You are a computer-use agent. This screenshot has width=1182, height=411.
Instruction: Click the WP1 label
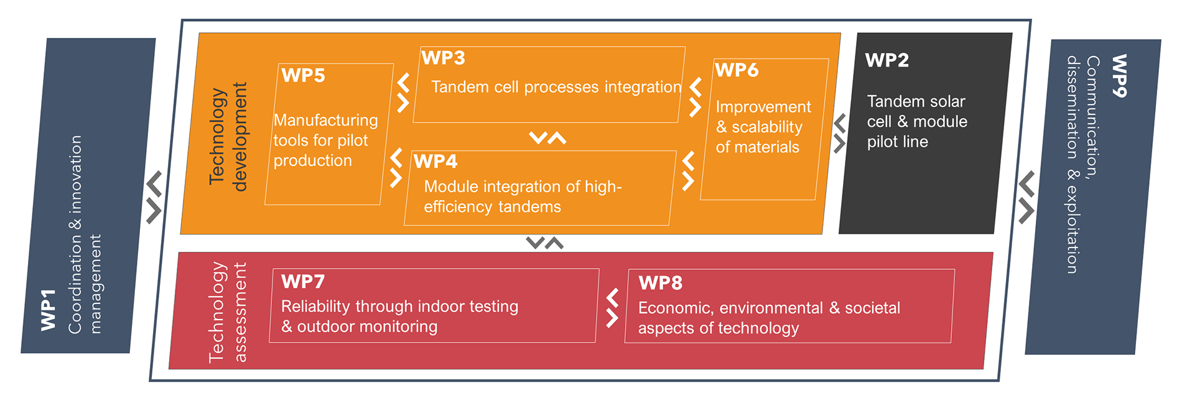(49, 310)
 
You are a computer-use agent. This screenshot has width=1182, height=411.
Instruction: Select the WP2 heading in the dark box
(887, 60)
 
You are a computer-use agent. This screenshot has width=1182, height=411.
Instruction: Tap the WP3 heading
(443, 58)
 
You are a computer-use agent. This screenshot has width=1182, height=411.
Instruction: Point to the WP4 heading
(435, 162)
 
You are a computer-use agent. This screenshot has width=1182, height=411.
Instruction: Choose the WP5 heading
(303, 75)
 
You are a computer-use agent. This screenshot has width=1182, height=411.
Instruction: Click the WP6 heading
(737, 70)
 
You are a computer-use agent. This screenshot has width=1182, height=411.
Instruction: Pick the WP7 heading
(303, 282)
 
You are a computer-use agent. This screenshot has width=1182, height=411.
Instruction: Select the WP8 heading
(661, 283)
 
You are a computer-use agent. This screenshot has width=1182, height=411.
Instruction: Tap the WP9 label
(1120, 76)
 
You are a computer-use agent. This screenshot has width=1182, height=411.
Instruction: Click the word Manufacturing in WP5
(326, 120)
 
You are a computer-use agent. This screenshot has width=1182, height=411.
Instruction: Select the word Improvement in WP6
(763, 107)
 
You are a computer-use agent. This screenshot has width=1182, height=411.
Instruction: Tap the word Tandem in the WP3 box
(460, 87)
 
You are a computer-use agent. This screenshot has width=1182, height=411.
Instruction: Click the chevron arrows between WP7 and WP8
(613, 308)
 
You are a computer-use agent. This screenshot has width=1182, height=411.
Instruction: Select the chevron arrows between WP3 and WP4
(547, 137)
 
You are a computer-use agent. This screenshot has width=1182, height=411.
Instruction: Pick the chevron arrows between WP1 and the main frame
(154, 197)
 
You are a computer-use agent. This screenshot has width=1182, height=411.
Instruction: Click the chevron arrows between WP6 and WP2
(840, 133)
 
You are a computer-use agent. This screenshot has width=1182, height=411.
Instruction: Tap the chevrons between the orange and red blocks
(545, 242)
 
